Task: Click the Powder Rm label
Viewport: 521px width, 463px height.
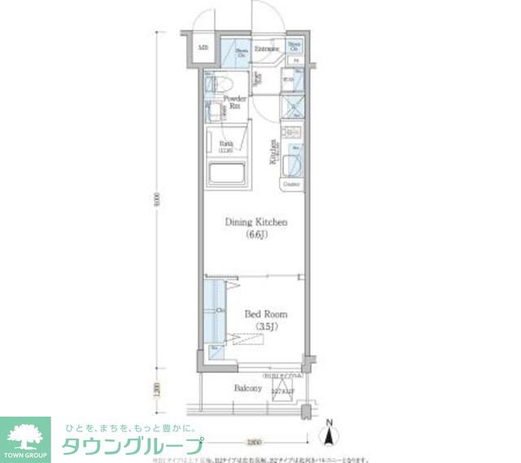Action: tap(236, 102)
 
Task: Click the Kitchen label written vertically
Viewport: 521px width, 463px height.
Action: tap(274, 151)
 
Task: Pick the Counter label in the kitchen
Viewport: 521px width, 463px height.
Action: tap(291, 185)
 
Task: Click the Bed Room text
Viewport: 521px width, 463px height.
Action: tap(265, 313)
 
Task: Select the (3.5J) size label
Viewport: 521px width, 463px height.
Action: tap(266, 326)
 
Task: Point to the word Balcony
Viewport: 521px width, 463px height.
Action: tap(248, 389)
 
